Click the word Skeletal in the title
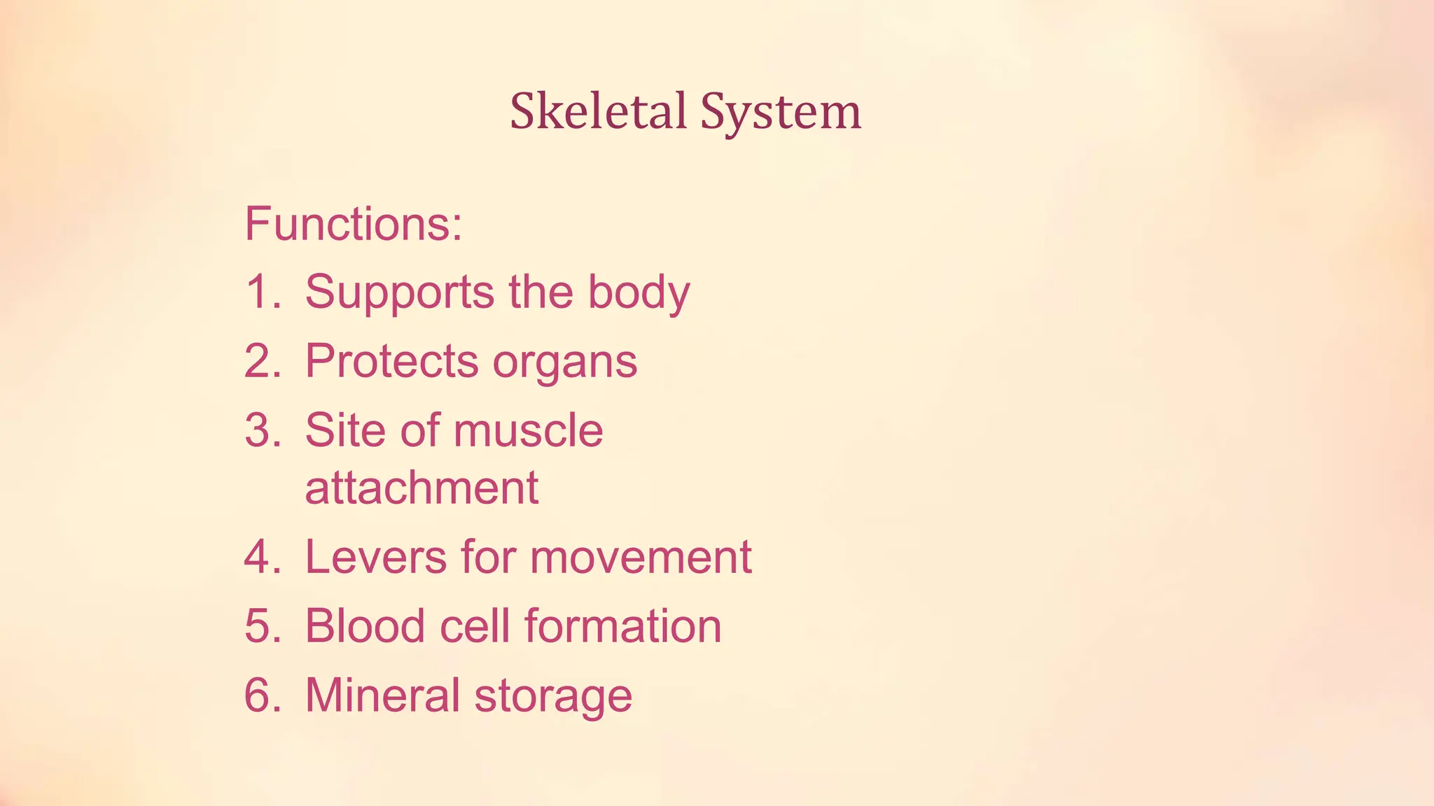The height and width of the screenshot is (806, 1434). click(598, 112)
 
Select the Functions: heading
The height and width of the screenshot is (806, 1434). click(354, 224)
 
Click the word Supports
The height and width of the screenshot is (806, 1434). click(400, 292)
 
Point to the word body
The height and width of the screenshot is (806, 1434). click(639, 292)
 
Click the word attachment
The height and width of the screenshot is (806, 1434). click(422, 488)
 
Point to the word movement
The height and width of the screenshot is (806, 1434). click(640, 558)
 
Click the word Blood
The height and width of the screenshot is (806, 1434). click(365, 625)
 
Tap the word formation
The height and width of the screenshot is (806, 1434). click(622, 625)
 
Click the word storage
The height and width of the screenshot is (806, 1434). click(553, 696)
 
